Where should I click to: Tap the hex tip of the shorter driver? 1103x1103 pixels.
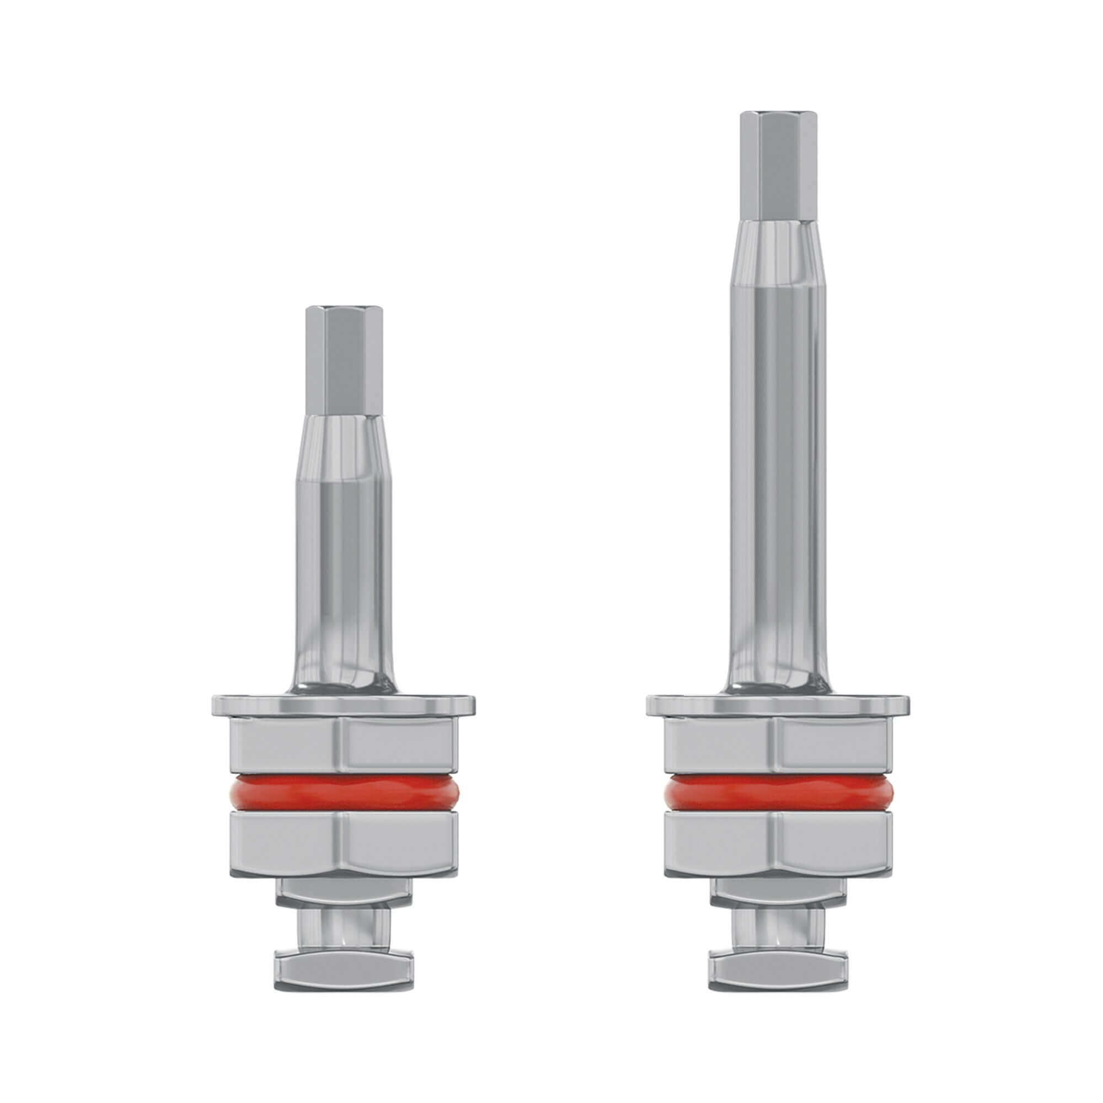(x=344, y=360)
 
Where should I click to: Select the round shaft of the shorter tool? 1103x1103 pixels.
(x=344, y=571)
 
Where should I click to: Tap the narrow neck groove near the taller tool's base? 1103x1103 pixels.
(x=778, y=928)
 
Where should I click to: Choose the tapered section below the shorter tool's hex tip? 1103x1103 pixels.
(x=344, y=445)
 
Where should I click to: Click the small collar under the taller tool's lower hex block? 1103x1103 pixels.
(x=778, y=892)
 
